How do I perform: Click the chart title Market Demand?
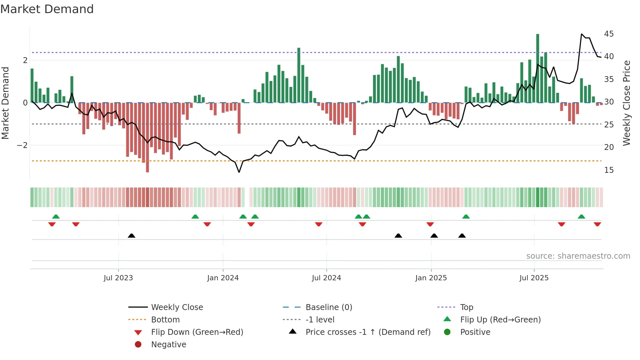click(47, 9)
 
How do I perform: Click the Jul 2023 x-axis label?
click(118, 278)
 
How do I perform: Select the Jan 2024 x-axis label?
click(223, 278)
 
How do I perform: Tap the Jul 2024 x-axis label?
click(326, 278)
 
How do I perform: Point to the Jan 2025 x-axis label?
click(431, 278)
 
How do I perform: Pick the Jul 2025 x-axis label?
click(534, 278)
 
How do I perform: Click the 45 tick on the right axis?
click(609, 34)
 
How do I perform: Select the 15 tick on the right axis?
click(609, 170)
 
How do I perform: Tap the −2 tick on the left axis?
click(22, 145)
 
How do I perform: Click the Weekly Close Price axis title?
click(626, 103)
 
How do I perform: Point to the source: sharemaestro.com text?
click(578, 256)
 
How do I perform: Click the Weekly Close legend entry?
click(177, 307)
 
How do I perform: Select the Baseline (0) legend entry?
click(328, 307)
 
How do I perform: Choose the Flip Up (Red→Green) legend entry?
click(500, 320)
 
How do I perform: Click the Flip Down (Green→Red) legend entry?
click(197, 332)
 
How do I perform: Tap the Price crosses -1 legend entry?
click(368, 332)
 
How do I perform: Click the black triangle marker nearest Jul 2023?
click(131, 236)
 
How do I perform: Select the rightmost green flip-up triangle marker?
click(581, 217)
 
